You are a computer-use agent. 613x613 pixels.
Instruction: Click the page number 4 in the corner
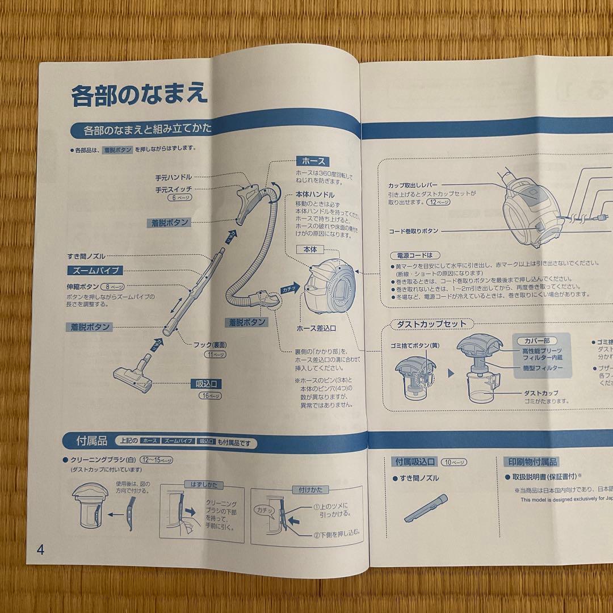click(40, 550)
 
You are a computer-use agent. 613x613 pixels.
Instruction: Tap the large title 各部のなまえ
click(138, 94)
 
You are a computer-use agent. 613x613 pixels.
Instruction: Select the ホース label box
click(313, 161)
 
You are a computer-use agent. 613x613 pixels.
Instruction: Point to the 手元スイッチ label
click(173, 189)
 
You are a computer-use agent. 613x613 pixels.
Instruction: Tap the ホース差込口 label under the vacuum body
click(316, 328)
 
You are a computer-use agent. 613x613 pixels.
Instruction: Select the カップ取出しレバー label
click(413, 184)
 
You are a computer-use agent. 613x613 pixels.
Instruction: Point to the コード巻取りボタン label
click(414, 231)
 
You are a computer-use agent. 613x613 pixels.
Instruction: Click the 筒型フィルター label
click(543, 368)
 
